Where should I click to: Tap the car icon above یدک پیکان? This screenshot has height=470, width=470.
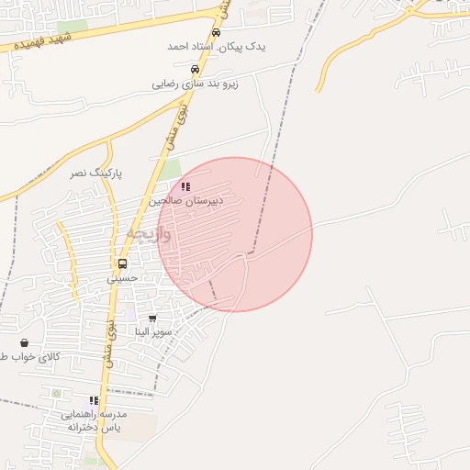pos(216,32)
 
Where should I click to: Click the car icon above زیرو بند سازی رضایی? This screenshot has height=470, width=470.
pos(194,69)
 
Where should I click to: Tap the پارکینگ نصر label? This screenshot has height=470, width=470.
pos(96,173)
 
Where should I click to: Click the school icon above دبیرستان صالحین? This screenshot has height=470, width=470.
pos(185,186)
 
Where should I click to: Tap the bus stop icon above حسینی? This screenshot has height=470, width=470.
pos(122,263)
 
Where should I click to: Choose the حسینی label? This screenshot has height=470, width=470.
pos(122,277)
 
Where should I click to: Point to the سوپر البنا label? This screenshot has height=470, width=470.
pos(152,331)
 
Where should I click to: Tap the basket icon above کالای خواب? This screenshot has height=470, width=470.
pos(23,342)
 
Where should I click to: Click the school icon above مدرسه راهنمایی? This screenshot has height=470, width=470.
pos(94,400)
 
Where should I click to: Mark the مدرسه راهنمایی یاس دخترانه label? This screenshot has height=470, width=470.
pos(95,420)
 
